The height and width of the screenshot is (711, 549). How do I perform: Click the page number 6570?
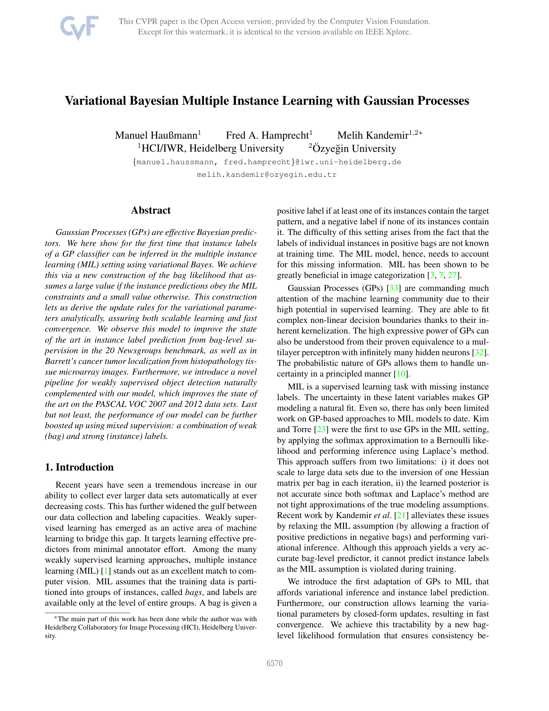coord(274,663)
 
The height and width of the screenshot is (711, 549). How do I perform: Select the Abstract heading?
coord(150,210)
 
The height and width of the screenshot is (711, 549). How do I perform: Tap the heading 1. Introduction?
coord(79,467)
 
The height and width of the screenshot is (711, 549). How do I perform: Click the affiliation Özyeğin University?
coord(354,148)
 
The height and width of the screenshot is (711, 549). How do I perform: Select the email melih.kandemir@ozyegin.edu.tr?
coord(267,175)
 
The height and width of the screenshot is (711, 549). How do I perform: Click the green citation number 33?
coord(394,288)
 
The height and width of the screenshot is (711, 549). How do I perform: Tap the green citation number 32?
coord(479,352)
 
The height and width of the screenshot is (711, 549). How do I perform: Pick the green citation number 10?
coord(401,374)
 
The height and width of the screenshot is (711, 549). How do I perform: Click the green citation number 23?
coord(321,430)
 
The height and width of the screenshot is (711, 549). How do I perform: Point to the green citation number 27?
coord(452,275)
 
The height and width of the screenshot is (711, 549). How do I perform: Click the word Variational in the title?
coord(95,101)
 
